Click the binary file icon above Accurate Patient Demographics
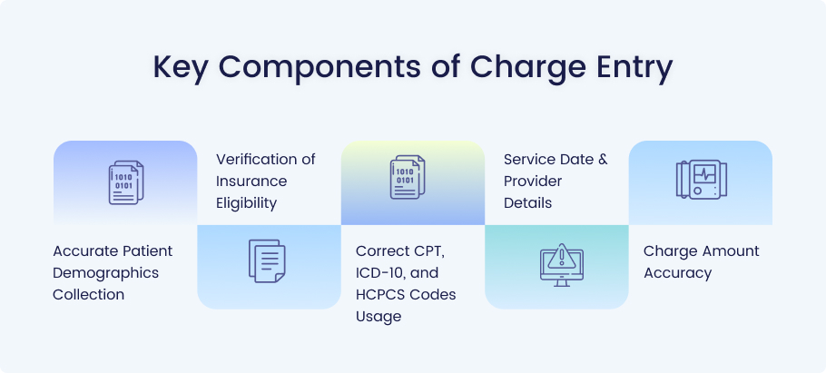[x=126, y=182]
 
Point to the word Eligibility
[x=247, y=203]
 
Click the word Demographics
[x=105, y=273]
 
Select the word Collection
[x=89, y=295]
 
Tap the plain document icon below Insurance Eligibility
[x=267, y=260]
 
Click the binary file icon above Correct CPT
[x=408, y=177]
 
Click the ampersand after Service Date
[x=603, y=159]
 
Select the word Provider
[x=533, y=182]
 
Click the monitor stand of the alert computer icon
[x=562, y=283]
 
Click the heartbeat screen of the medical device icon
[x=704, y=174]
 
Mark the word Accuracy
[x=677, y=273]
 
